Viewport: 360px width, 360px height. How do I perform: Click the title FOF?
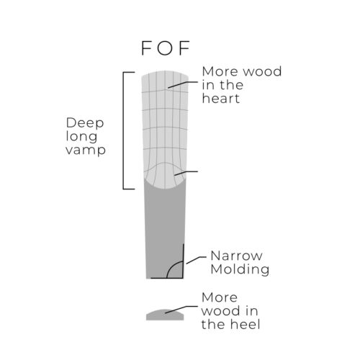tap(166, 48)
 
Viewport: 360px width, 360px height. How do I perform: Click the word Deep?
tap(85, 124)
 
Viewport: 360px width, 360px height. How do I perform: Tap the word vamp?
tap(86, 150)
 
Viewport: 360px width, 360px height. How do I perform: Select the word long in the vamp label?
tap(81, 138)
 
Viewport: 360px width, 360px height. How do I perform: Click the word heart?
tap(221, 99)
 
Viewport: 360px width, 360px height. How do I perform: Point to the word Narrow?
tap(236, 256)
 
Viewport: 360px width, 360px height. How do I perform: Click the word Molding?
tap(240, 269)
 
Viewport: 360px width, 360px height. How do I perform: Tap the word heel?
tap(245, 324)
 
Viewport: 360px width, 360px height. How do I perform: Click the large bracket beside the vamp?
tap(123, 130)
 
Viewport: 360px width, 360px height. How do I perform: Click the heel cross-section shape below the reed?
tap(165, 315)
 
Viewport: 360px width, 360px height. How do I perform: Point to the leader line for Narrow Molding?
tap(196, 259)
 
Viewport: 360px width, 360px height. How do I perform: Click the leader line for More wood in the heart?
tap(183, 84)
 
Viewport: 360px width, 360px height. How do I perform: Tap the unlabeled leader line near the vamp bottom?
tap(186, 173)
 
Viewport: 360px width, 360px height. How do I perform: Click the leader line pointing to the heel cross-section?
tap(181, 309)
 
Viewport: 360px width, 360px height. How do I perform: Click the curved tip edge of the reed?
tap(165, 71)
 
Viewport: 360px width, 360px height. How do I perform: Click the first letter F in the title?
tap(147, 48)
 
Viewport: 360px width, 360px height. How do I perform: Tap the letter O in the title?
tap(165, 48)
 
